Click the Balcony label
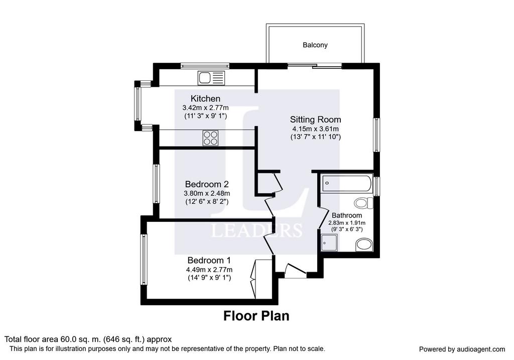315,45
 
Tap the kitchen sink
211,78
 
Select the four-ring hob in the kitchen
210,138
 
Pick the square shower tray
329,243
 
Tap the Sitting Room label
315,119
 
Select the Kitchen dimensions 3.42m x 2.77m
205,107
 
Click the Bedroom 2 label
206,184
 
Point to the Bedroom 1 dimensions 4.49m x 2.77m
209,270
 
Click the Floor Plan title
256,316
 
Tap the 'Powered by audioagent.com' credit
462,349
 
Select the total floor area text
88,339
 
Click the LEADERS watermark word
256,230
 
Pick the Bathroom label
347,215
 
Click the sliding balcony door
315,66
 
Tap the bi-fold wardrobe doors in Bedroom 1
254,279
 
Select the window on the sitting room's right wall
377,135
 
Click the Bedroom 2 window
157,184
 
